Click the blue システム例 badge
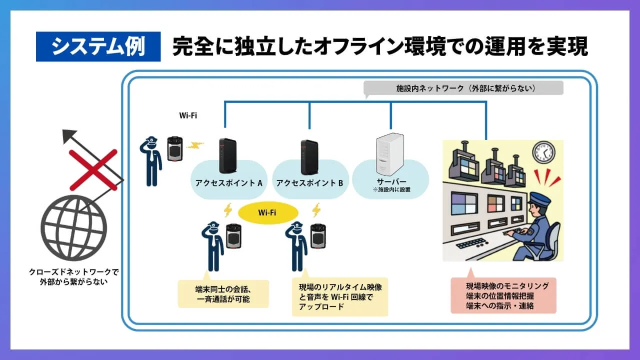[98, 46]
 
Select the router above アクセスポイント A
[227, 156]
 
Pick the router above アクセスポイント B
[309, 156]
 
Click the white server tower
[390, 152]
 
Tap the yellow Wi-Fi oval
[267, 212]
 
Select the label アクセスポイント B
[309, 182]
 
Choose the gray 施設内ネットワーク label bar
[463, 88]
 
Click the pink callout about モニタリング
[503, 295]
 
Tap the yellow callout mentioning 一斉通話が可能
[223, 294]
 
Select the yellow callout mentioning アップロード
[339, 297]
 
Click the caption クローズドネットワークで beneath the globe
[73, 272]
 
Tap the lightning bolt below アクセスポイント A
[228, 210]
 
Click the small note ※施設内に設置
[391, 190]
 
